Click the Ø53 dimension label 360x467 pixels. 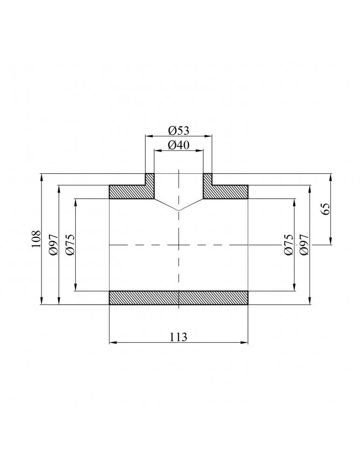[178, 130]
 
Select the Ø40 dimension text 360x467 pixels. [178, 145]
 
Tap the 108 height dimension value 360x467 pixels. [36, 239]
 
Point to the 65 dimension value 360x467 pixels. [325, 209]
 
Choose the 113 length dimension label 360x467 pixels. [178, 336]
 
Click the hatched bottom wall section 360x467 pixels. [178, 298]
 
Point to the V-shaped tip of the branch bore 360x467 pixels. [178, 210]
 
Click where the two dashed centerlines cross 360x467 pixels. [178, 245]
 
